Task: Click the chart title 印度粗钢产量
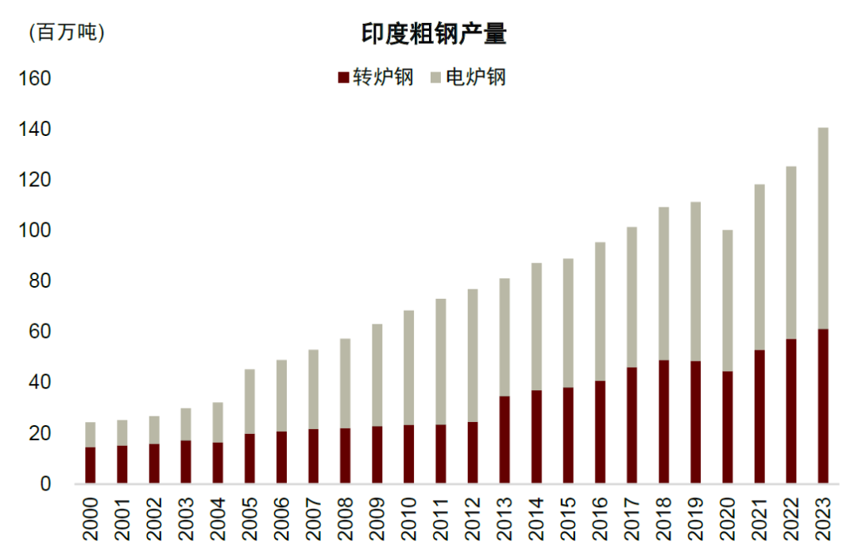point(429,34)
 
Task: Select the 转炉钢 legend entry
point(375,77)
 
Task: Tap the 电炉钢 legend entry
point(468,77)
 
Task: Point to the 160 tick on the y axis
point(35,79)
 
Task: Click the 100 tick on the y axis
point(35,231)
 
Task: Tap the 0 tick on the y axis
point(45,483)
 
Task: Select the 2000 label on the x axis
point(91,519)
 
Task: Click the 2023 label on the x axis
point(823,519)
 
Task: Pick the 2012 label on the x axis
point(473,519)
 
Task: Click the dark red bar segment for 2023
point(823,406)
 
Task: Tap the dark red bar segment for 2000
point(91,465)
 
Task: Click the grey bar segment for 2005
point(249,401)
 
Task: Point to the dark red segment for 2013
point(504,440)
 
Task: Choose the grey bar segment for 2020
point(728,300)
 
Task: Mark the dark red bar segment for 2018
point(664,421)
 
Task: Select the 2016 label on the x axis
point(601,519)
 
